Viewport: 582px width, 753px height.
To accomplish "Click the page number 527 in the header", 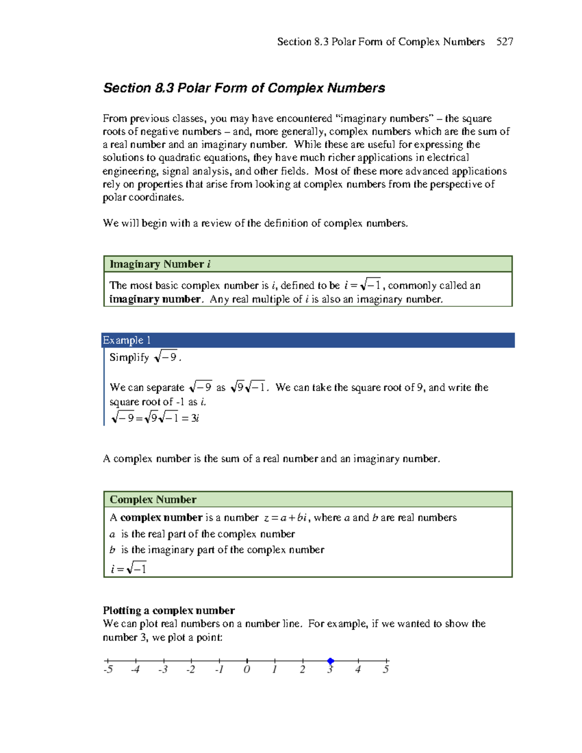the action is click(x=504, y=42).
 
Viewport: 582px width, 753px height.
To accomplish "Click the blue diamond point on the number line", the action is click(x=330, y=661).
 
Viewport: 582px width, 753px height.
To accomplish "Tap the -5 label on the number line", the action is click(x=108, y=670).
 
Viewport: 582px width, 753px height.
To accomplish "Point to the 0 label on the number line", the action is click(x=247, y=670).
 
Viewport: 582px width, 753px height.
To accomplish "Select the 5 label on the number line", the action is click(x=386, y=670).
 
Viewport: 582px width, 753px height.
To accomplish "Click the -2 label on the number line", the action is click(x=191, y=670).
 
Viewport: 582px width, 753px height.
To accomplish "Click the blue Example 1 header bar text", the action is click(x=127, y=340).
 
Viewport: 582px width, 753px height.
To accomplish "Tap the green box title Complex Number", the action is click(x=153, y=499).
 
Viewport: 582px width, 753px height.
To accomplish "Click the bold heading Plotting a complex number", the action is click(x=168, y=610).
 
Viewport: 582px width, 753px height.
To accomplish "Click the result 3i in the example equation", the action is click(x=195, y=418).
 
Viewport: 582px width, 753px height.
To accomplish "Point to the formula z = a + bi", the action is click(x=286, y=518).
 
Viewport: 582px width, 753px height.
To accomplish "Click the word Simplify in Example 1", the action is click(x=129, y=358).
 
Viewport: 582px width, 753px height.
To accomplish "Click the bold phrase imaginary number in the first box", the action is click(x=155, y=299).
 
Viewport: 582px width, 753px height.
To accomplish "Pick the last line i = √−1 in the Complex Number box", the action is click(x=129, y=569).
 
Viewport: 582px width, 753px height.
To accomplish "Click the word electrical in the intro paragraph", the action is click(x=448, y=158).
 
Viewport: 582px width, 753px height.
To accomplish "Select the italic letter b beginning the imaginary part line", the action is click(x=112, y=550).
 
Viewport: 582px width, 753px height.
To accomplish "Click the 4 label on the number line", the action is click(x=358, y=670).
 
